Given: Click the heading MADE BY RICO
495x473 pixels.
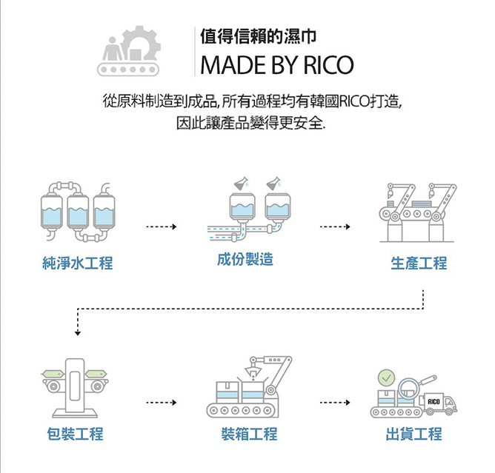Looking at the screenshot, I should click(276, 64).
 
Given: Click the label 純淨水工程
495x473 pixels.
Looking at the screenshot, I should click(78, 263).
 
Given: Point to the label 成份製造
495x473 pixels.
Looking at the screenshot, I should click(245, 260).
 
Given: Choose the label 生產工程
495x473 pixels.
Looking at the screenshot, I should click(419, 263).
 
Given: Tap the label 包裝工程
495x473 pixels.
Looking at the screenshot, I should click(75, 434).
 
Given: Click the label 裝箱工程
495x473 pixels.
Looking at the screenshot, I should click(250, 434).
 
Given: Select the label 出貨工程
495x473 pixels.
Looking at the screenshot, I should click(413, 434).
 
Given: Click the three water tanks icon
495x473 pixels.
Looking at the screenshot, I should click(79, 210).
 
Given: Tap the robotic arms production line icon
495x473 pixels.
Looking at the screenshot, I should click(418, 212).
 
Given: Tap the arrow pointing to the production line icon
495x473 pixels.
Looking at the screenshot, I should click(334, 226).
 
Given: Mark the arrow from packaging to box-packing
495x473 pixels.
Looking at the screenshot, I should click(162, 403).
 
